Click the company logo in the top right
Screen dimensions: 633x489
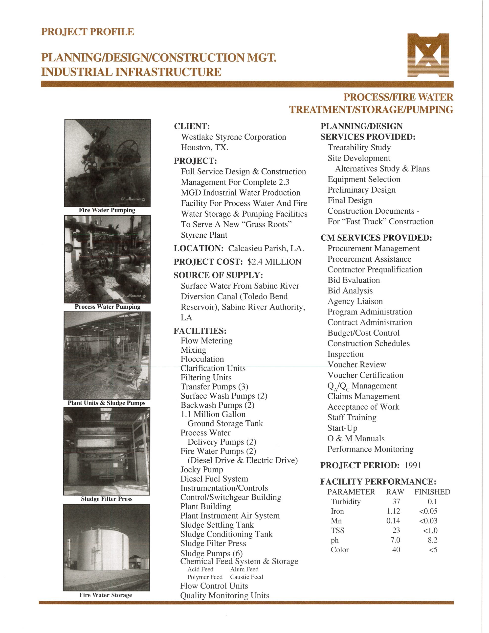tap(428, 55)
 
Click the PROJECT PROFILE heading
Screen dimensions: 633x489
tap(88, 32)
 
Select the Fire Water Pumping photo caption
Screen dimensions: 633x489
tap(107, 210)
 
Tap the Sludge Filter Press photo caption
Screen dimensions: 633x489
tap(107, 499)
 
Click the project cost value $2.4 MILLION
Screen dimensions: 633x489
tap(274, 262)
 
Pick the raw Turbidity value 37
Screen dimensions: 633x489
tap(396, 502)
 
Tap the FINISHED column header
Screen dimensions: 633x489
tap(432, 492)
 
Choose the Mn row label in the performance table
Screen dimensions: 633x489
tap(336, 521)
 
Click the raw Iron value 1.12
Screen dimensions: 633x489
tap(393, 511)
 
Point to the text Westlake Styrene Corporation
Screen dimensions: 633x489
tap(233, 137)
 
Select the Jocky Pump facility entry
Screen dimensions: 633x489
tap(202, 470)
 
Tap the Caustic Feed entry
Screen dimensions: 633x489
tap(246, 577)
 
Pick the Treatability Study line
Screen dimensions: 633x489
tap(359, 148)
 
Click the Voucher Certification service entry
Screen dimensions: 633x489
tap(365, 375)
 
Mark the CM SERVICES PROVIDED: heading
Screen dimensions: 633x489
tap(376, 238)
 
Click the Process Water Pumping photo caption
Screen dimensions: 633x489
tap(107, 307)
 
